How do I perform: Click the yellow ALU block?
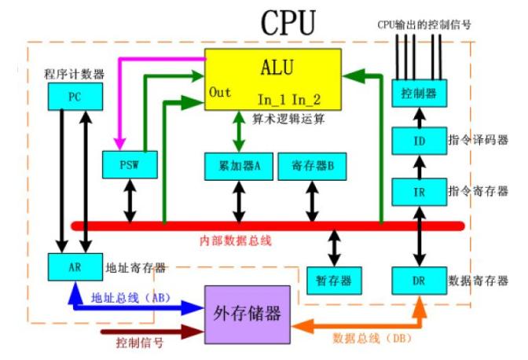[273, 79]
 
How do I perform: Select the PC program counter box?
[74, 98]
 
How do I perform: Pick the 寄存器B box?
[311, 166]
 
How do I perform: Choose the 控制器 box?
[413, 94]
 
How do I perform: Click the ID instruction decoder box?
[413, 143]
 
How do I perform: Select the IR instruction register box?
[413, 192]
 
